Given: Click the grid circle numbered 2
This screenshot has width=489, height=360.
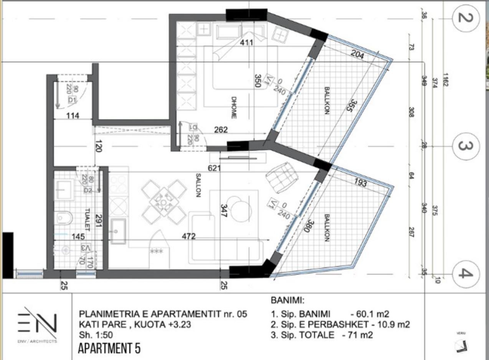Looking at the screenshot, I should pos(466,18).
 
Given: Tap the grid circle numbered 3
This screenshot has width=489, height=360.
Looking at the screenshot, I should pos(466,146).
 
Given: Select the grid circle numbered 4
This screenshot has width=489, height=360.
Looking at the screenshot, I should pos(466,274).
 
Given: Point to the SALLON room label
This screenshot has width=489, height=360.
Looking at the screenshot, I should pos(198,185).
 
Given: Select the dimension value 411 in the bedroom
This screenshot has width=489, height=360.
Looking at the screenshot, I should pos(246,42).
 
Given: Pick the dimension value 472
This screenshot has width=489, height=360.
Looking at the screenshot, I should pos(188,236).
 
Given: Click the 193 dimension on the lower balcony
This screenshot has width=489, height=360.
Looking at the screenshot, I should pos(360,183).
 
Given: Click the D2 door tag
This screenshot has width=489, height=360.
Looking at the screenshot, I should pos(88,190).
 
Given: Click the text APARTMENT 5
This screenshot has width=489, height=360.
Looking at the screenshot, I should pos(109,348).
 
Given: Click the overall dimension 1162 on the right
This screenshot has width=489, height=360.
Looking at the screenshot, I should pos(445,80).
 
